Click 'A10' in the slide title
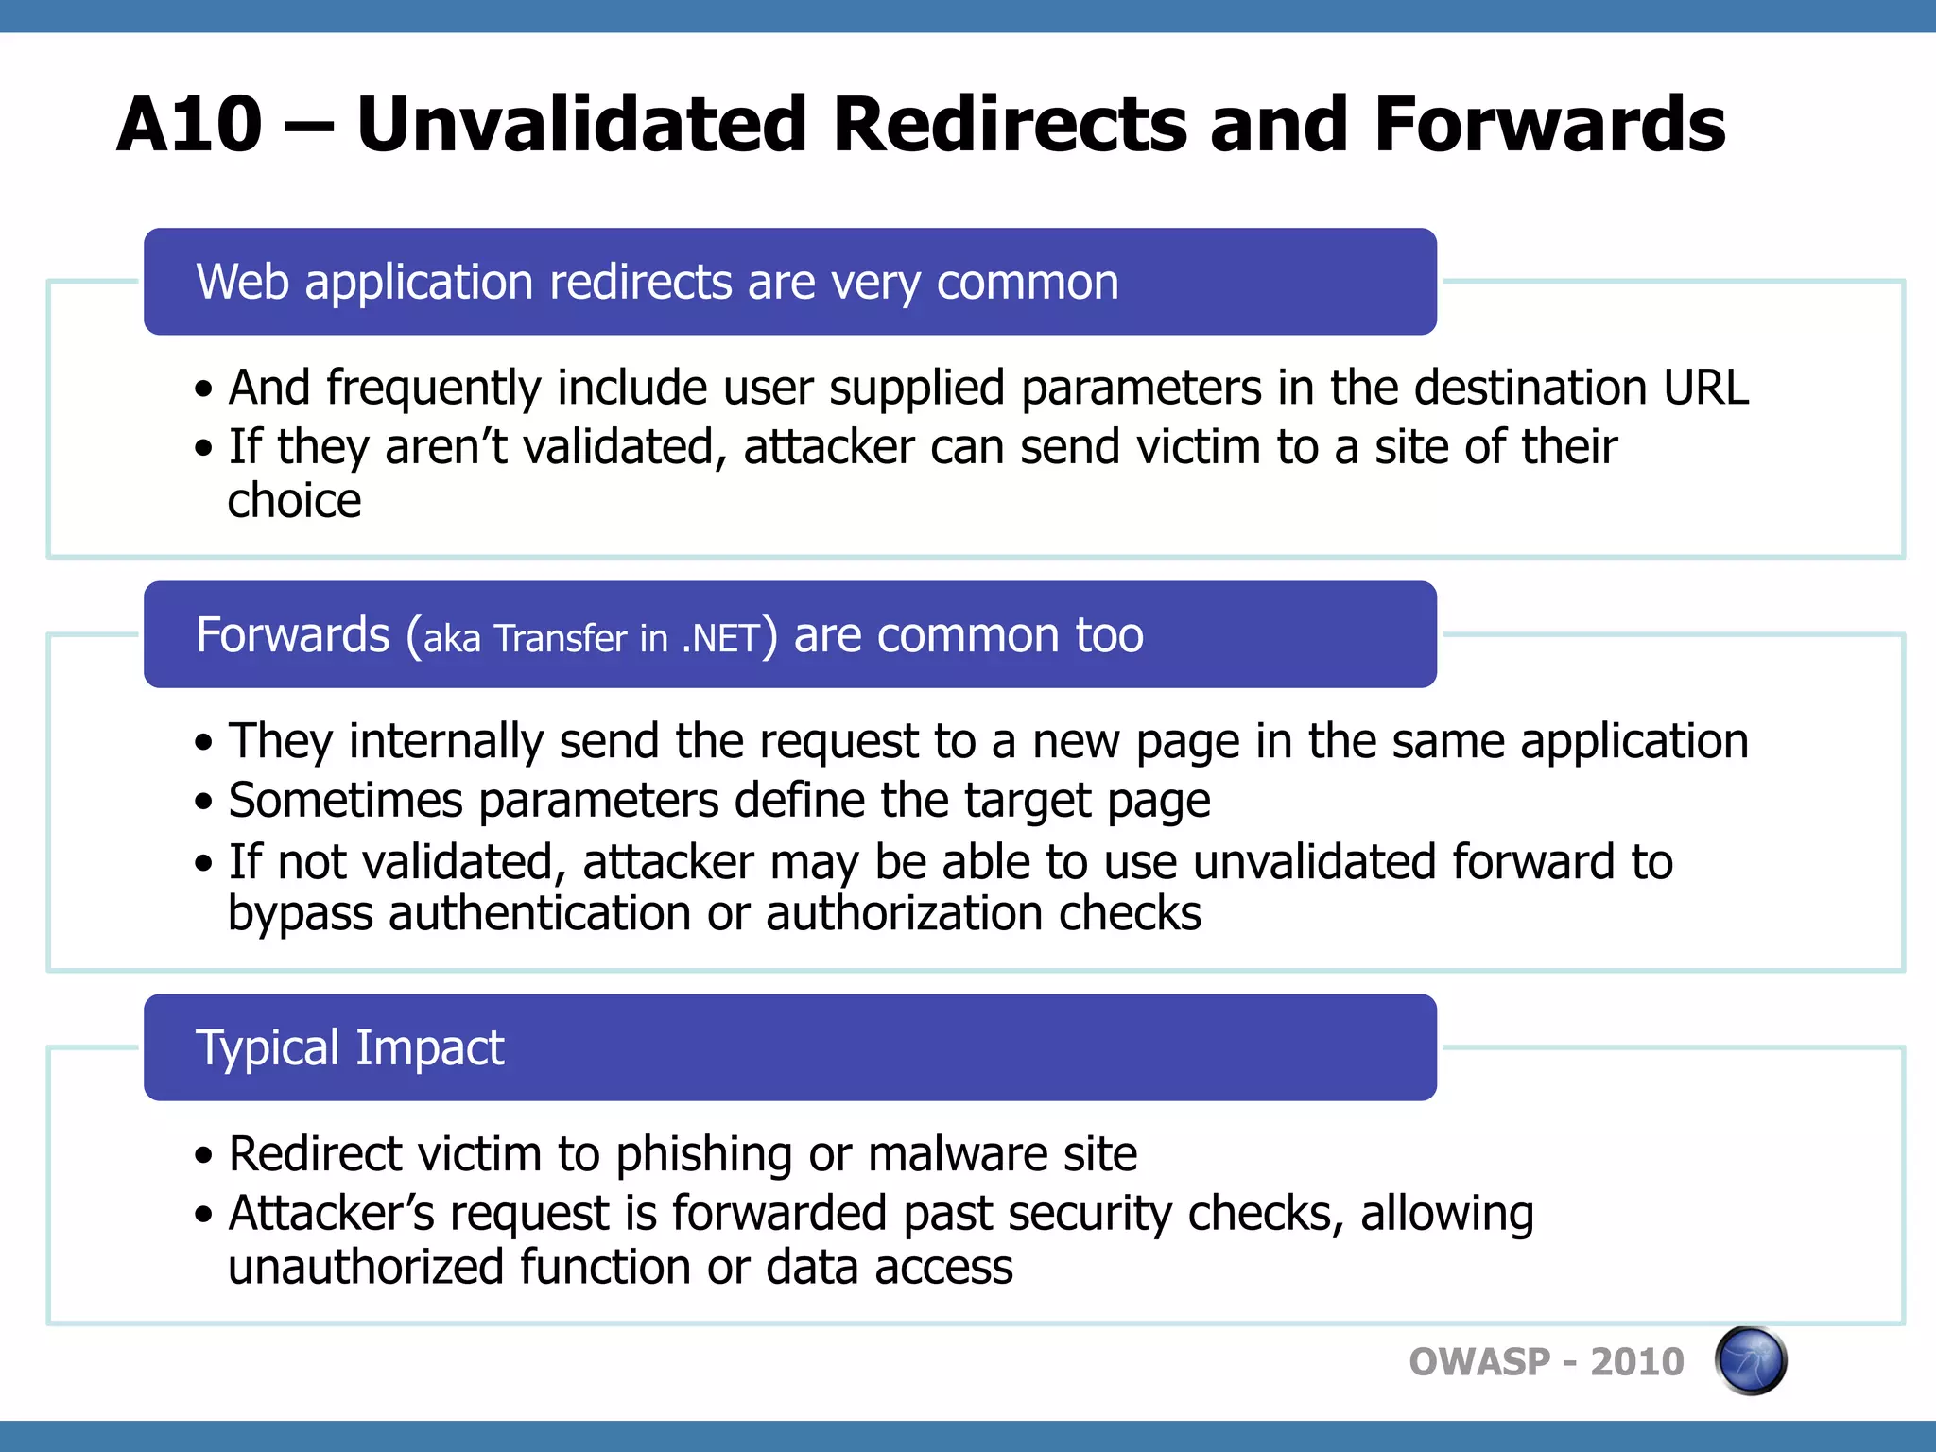click(x=189, y=125)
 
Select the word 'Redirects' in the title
click(x=1009, y=125)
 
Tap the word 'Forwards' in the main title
click(x=1549, y=125)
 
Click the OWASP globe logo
click(x=1750, y=1360)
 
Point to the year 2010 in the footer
click(x=1636, y=1362)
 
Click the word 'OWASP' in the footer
click(x=1479, y=1362)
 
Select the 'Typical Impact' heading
click(x=350, y=1047)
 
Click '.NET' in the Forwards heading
click(x=720, y=639)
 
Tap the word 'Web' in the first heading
click(x=242, y=282)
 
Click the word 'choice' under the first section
click(x=294, y=500)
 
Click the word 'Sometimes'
click(x=345, y=801)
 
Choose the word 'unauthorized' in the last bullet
click(x=366, y=1267)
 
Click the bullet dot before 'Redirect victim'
click(x=203, y=1156)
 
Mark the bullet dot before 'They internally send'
click(x=203, y=743)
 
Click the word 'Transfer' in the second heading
click(x=561, y=639)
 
